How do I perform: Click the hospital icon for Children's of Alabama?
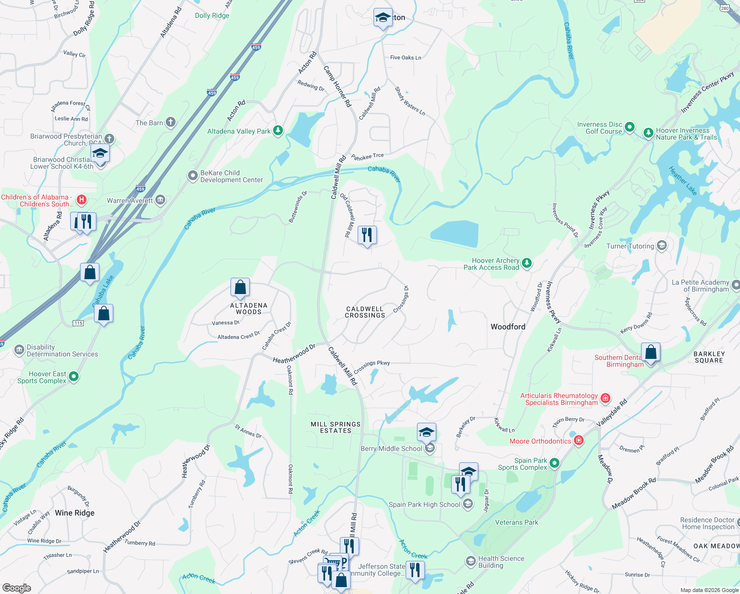[82, 200]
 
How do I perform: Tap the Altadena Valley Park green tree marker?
[278, 131]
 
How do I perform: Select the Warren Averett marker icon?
[160, 200]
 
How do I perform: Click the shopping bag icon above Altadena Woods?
[240, 287]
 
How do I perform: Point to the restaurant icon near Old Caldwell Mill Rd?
[367, 235]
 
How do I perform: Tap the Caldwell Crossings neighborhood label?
[365, 312]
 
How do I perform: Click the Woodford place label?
[508, 327]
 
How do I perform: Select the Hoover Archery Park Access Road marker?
[527, 263]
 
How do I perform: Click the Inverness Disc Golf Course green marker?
[629, 127]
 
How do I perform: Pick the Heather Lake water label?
[683, 181]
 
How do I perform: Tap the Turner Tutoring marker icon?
[662, 246]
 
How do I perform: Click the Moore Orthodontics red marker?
[579, 441]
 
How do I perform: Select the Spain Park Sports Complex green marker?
[555, 463]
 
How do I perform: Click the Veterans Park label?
[516, 522]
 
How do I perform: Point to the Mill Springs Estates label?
[335, 427]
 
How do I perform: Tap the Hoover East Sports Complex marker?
[74, 377]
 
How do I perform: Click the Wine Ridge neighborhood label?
[75, 513]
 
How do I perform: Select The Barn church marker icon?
[171, 122]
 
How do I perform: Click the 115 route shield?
[78, 323]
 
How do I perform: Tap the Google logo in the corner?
[17, 588]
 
